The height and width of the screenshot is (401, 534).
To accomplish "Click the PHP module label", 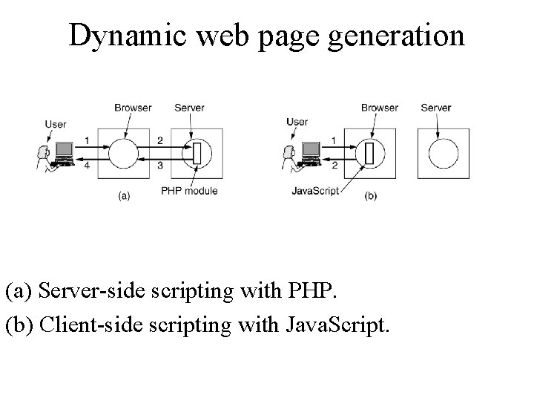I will point(189,191).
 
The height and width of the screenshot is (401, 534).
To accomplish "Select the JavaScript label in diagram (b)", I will point(316,191).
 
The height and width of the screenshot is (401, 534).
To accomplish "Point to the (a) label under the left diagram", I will point(124,196).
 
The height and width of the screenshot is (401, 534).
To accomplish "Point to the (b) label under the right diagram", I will point(371,196).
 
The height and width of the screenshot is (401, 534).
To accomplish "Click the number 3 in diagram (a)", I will point(159,166).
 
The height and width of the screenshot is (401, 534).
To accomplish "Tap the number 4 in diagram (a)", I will point(87,166).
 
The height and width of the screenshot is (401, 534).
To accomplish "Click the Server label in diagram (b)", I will point(435,108).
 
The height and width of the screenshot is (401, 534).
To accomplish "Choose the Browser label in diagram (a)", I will point(133,108).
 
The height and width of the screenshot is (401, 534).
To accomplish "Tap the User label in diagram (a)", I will point(56,124).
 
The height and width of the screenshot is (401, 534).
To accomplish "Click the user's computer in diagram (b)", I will point(309,152).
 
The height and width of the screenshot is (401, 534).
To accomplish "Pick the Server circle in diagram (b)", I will point(443,154).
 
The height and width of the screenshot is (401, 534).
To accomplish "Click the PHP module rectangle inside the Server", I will point(197,154).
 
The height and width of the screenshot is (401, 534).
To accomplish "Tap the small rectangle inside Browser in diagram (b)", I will point(369,154).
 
